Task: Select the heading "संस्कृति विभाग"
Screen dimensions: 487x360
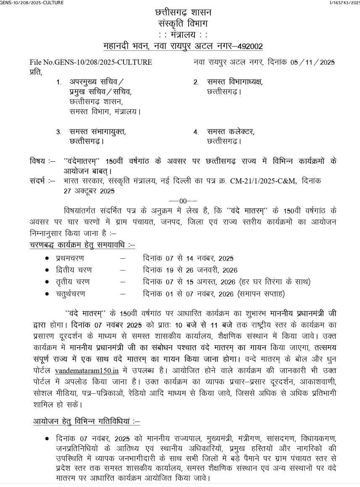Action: click(183, 24)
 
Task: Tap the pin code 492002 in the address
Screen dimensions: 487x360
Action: click(250, 46)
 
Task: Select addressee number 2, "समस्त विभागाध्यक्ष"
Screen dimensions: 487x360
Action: click(234, 82)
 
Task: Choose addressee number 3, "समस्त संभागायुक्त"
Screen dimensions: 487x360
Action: click(97, 132)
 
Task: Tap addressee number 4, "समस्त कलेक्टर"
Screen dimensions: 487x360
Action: click(231, 132)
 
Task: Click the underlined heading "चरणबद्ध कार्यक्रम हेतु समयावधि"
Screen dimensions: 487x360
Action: click(82, 245)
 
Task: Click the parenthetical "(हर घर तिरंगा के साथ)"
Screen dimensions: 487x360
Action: click(274, 282)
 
